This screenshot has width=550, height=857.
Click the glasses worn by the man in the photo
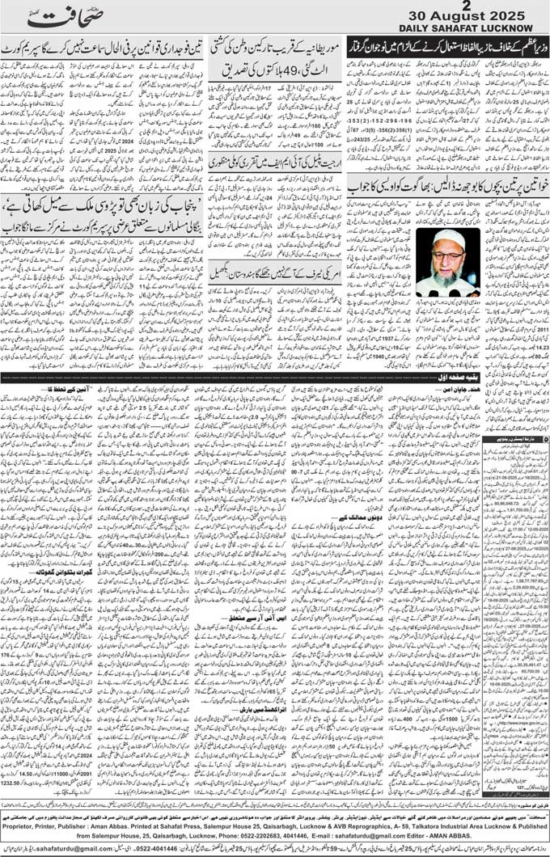(447, 254)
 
